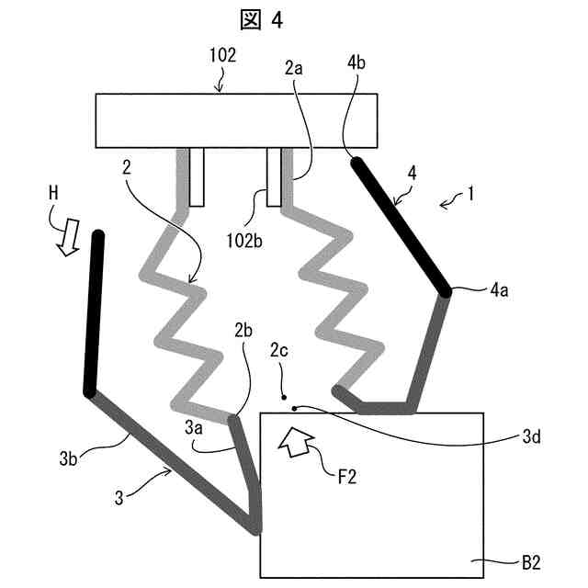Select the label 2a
tap(293, 69)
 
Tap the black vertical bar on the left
tap(95, 313)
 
